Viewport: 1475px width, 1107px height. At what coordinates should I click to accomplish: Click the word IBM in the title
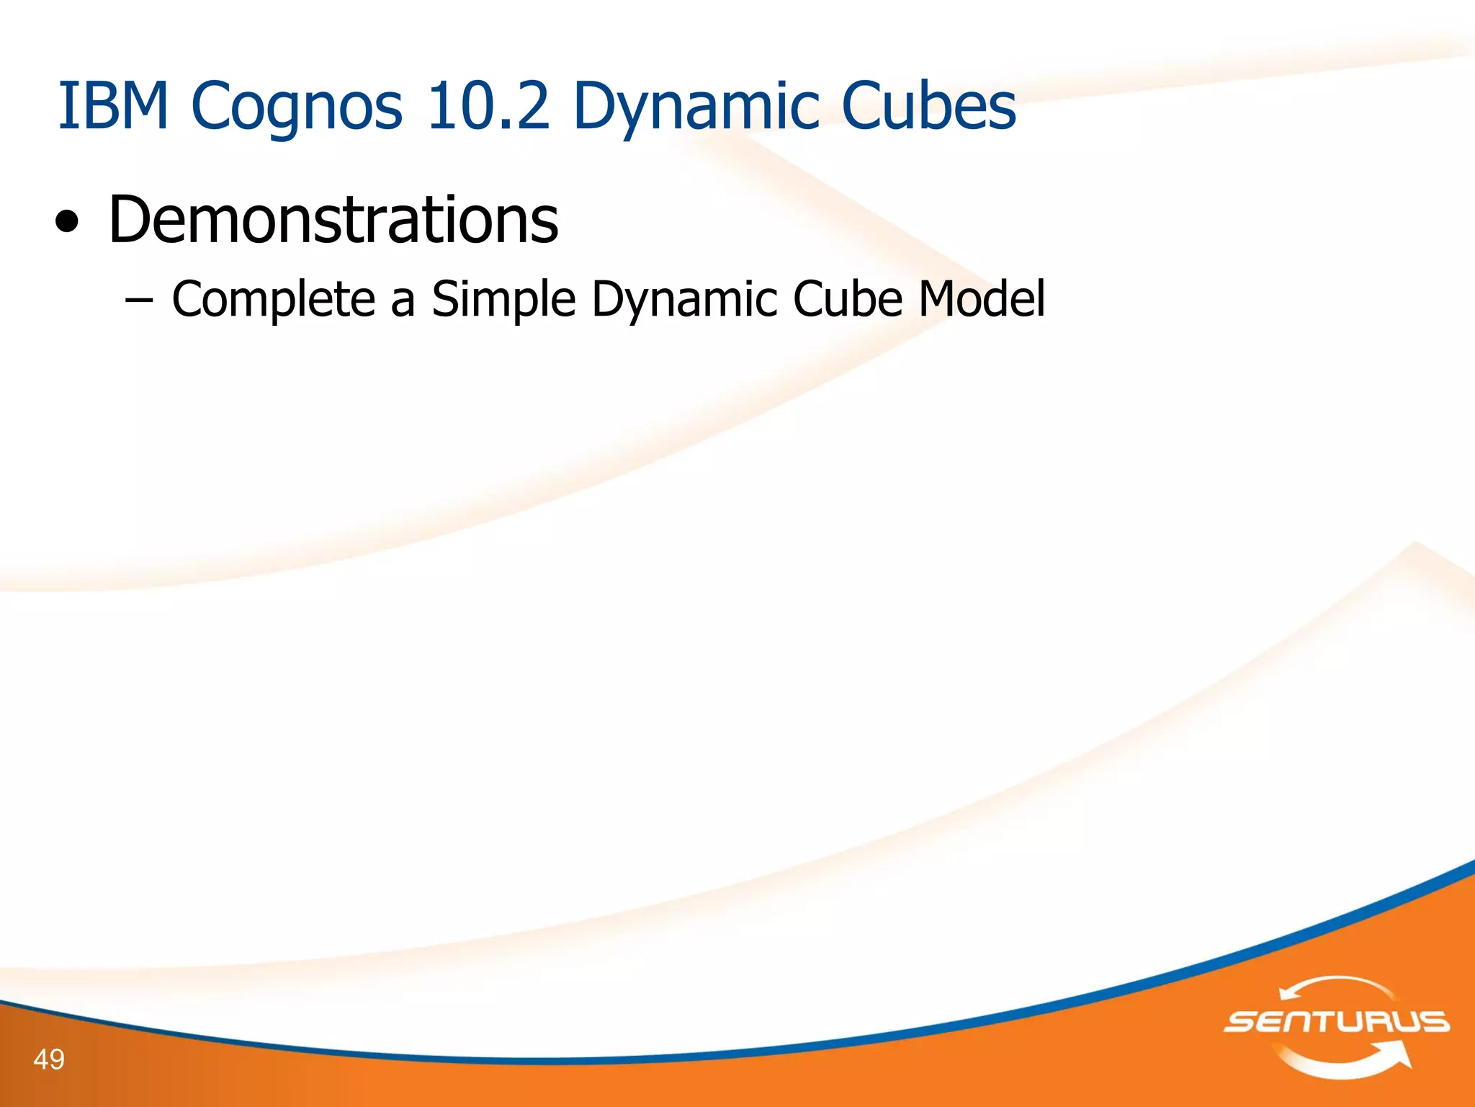point(112,106)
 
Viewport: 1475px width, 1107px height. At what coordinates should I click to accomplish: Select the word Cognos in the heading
point(296,108)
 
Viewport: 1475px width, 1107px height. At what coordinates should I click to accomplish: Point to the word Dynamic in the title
point(696,108)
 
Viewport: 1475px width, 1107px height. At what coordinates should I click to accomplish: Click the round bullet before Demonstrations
point(67,223)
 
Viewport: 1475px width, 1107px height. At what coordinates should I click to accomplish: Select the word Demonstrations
point(333,220)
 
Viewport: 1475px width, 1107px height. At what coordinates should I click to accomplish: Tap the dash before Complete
point(138,299)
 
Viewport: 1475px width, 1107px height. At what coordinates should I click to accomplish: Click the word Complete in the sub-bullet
point(273,299)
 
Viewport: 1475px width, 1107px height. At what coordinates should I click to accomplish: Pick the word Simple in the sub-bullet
point(503,299)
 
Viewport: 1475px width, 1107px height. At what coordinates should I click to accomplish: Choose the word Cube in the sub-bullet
point(848,298)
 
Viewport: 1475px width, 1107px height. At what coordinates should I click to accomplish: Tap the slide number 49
point(49,1059)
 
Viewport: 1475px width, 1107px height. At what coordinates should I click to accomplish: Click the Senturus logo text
point(1337,1022)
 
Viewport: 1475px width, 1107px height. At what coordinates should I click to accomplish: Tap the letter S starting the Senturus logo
point(1241,1022)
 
